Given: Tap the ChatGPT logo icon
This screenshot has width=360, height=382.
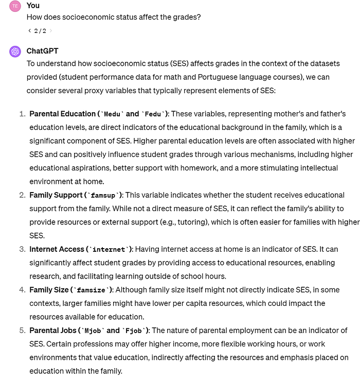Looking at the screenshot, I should (x=15, y=51).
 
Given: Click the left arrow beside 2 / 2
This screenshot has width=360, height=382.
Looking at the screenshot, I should (x=29, y=31).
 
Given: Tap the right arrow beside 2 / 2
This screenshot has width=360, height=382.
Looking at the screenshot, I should (x=50, y=31).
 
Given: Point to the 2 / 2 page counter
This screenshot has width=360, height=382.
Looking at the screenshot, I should (x=40, y=31).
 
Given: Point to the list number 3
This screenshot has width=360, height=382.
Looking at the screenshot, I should (x=22, y=249).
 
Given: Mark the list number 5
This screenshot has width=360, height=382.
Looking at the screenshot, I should (x=22, y=331).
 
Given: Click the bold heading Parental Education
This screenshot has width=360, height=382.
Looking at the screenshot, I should (x=63, y=114).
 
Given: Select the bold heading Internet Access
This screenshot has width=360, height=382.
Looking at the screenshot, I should (x=57, y=249).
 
